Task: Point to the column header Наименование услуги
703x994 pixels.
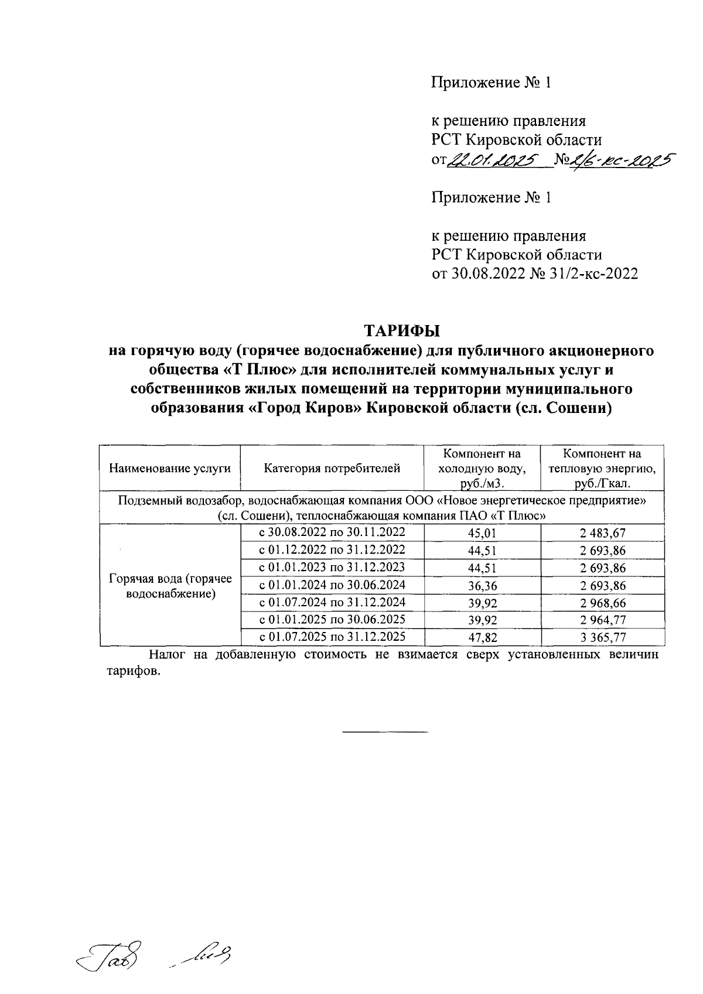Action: click(170, 468)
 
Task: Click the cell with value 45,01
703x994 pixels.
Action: click(482, 532)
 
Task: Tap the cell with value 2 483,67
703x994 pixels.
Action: click(602, 532)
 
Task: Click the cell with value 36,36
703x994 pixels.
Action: click(482, 585)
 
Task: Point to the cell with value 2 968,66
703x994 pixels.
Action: click(602, 603)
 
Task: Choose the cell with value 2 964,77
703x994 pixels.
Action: click(602, 620)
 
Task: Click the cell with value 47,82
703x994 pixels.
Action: click(482, 637)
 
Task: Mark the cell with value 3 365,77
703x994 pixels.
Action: click(602, 637)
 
